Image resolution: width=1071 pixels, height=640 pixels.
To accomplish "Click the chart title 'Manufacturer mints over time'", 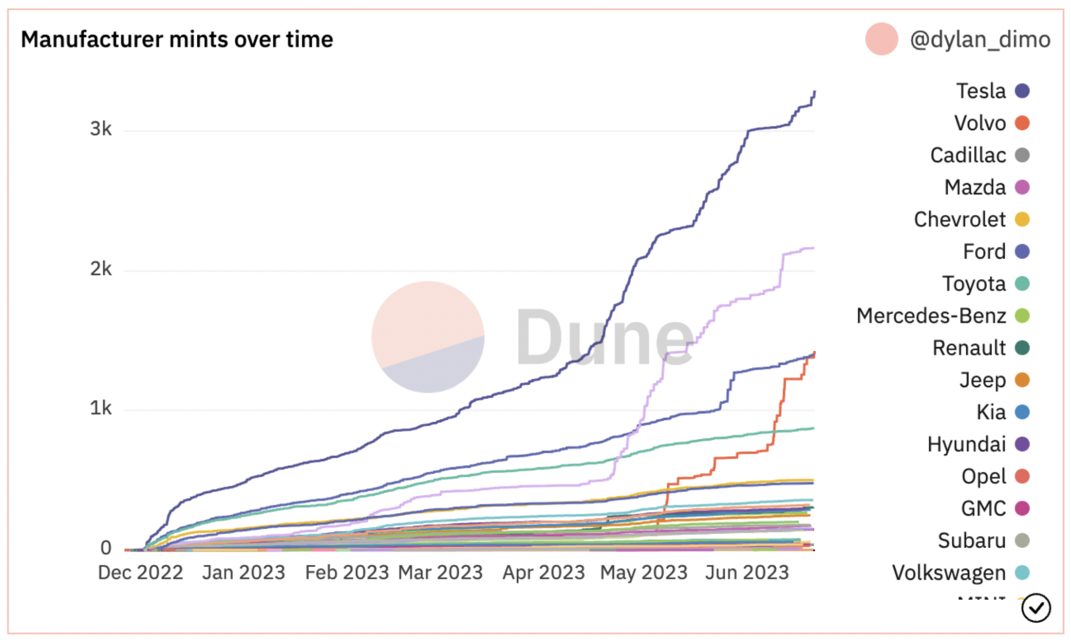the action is click(177, 40).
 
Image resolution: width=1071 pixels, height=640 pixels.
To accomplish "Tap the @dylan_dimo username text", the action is click(979, 40).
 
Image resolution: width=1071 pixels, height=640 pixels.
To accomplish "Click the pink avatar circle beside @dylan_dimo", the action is click(881, 39).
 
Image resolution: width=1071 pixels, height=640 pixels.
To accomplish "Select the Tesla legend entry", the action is click(981, 91).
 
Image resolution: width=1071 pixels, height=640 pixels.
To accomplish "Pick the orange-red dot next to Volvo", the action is click(1022, 123).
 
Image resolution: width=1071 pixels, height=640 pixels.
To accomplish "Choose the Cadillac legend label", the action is click(968, 156).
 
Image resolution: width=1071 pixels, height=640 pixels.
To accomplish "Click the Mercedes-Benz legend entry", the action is click(931, 316).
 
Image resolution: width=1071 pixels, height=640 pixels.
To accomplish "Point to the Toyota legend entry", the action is click(974, 284).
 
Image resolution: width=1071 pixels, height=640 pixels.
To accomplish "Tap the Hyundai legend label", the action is click(966, 444).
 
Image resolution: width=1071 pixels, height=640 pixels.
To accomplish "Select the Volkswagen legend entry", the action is click(949, 573).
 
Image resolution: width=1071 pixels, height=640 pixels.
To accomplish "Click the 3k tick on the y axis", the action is click(101, 129).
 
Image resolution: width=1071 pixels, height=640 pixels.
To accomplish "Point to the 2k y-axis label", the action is click(101, 269).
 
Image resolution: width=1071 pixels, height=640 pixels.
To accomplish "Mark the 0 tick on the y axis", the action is click(106, 548).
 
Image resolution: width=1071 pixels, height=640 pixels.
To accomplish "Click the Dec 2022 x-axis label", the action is click(140, 572).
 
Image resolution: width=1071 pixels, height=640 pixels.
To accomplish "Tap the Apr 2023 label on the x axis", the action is click(543, 572).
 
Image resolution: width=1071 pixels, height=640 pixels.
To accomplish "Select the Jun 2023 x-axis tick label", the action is click(747, 572).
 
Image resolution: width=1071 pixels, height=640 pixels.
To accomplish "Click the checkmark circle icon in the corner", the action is click(1036, 608).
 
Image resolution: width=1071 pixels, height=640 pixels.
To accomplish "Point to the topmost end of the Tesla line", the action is click(814, 92).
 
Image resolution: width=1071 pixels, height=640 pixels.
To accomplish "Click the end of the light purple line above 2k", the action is click(813, 248).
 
